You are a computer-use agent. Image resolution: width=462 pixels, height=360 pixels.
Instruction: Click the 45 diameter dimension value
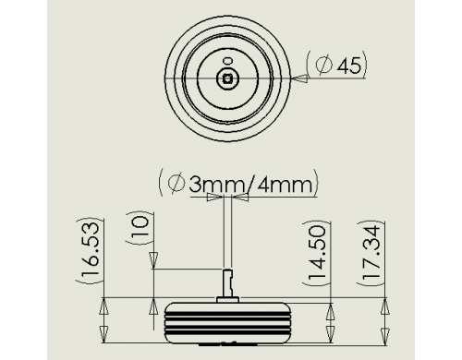349,66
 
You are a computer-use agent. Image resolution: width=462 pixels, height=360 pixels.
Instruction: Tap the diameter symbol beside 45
324,66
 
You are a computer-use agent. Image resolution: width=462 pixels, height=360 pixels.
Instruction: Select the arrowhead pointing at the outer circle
299,78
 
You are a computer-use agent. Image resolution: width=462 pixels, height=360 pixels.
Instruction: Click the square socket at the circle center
227,78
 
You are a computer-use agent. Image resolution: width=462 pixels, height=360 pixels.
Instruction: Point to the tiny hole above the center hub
227,61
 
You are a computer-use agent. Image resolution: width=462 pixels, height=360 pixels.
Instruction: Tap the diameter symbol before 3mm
176,184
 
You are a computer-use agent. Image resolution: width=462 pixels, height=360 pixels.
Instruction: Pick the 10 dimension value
140,228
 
